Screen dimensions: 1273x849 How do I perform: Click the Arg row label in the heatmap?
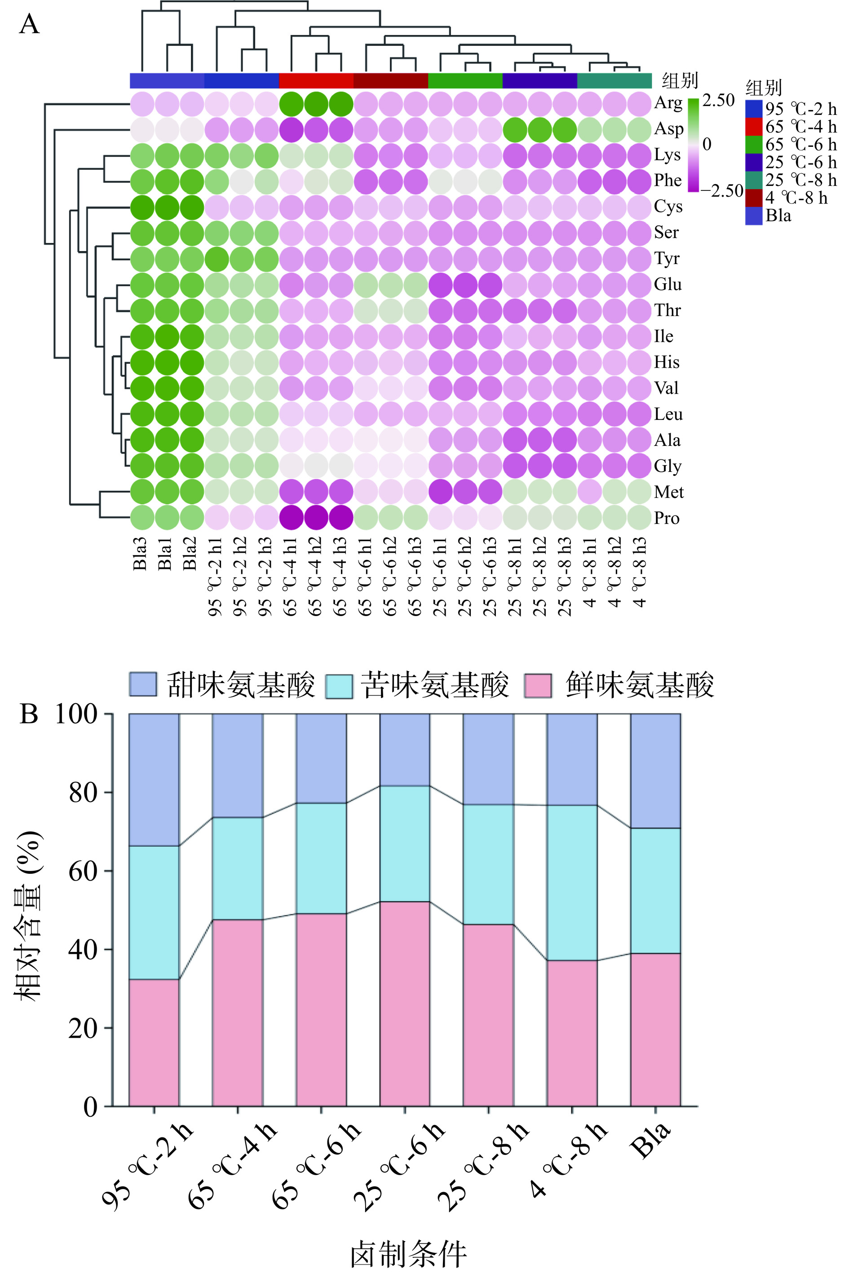pyautogui.click(x=668, y=103)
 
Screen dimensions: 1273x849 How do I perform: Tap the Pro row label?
pyautogui.click(x=667, y=518)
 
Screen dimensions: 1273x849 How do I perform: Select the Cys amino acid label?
pyautogui.click(x=668, y=206)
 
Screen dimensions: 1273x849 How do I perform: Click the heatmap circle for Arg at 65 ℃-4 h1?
pyautogui.click(x=291, y=104)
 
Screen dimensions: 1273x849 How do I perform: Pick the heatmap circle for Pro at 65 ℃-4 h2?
pyautogui.click(x=316, y=517)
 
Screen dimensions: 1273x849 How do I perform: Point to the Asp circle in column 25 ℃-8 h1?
pyautogui.click(x=515, y=130)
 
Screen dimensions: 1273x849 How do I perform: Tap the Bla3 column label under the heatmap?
pyautogui.click(x=140, y=553)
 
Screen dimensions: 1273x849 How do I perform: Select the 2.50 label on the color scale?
pyautogui.click(x=718, y=100)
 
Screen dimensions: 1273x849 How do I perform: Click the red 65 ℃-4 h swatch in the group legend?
pyautogui.click(x=754, y=127)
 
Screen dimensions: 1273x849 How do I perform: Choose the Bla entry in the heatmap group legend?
pyautogui.click(x=778, y=216)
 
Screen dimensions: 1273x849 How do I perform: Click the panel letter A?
pyautogui.click(x=29, y=24)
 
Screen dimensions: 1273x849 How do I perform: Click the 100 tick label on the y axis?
pyautogui.click(x=76, y=714)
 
